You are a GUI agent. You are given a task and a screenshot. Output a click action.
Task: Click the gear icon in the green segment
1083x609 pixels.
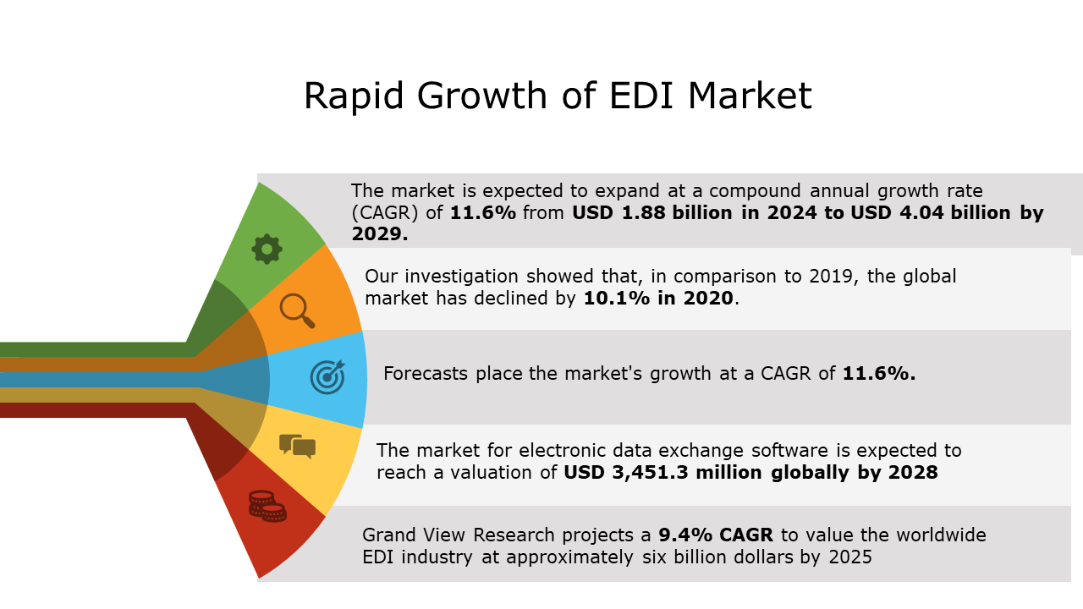click(267, 249)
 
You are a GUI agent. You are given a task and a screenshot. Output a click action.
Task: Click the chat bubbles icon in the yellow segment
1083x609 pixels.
click(297, 446)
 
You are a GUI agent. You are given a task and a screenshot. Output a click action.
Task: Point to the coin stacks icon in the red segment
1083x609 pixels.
click(267, 506)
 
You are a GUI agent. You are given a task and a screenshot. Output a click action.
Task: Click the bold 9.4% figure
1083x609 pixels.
click(686, 535)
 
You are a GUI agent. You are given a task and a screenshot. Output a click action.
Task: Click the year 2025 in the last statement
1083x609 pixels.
click(849, 557)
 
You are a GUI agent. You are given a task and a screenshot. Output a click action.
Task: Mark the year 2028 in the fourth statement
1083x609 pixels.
click(912, 473)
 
